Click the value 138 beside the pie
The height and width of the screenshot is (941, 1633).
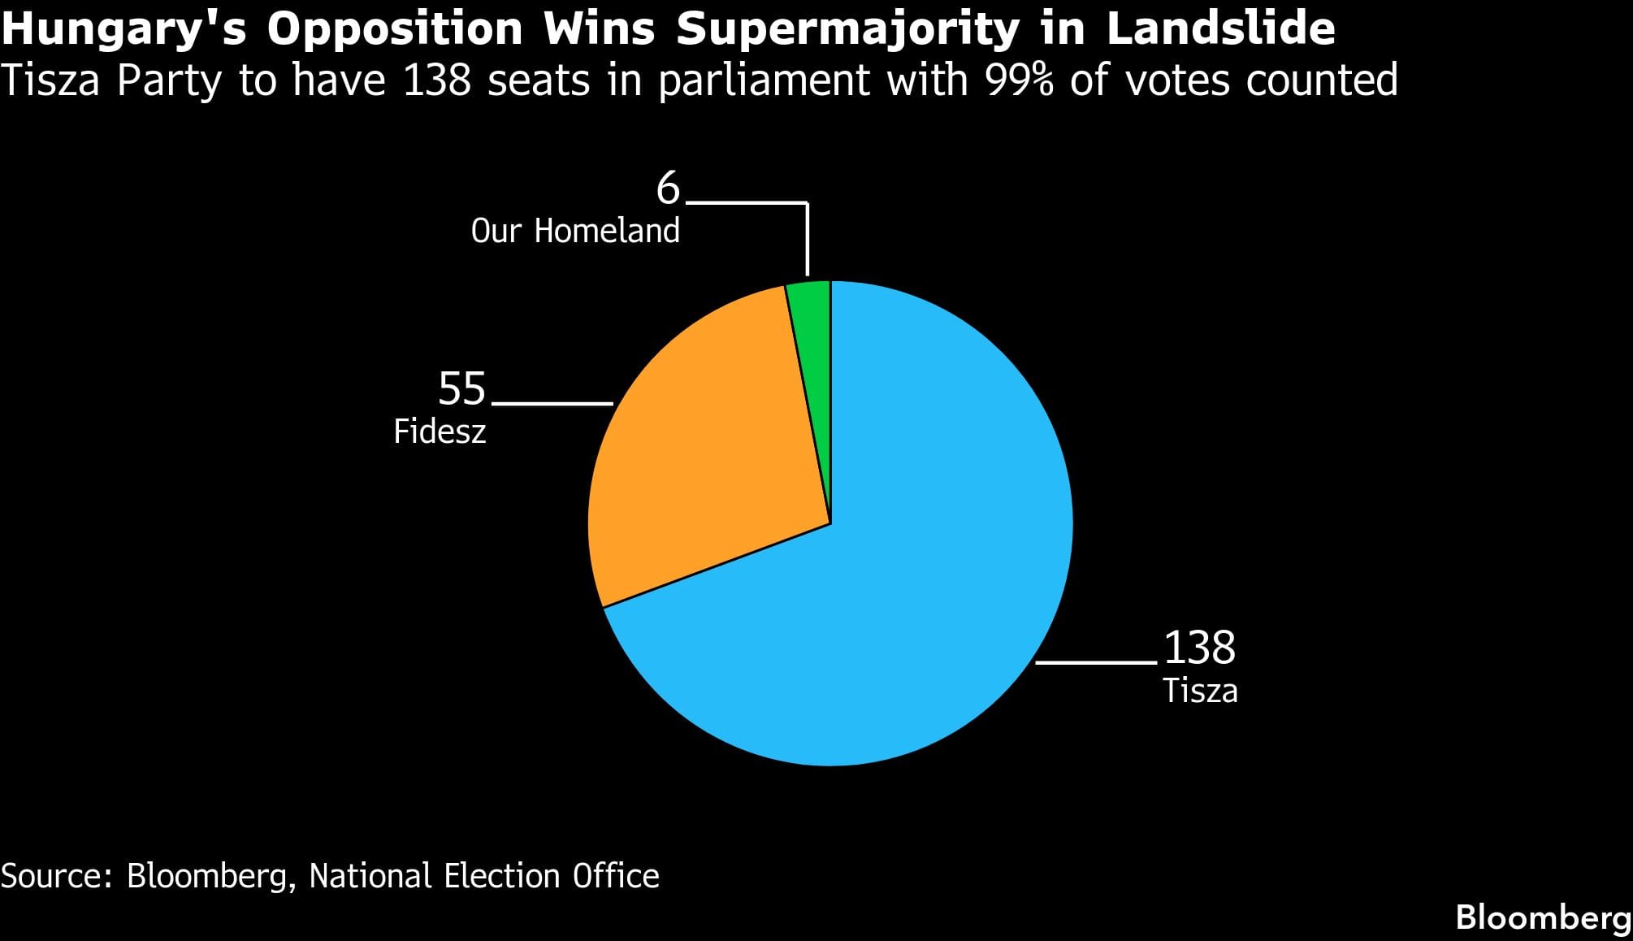(x=1199, y=648)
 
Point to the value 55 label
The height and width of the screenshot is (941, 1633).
(x=461, y=388)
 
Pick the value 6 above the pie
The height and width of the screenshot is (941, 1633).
(x=668, y=189)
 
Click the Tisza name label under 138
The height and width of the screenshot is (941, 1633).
(x=1199, y=691)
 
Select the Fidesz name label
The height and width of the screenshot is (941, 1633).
(x=440, y=431)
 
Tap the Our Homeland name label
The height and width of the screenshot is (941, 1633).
(x=575, y=232)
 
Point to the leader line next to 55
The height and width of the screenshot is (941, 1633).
(x=552, y=403)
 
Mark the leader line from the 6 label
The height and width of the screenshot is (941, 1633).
(x=807, y=236)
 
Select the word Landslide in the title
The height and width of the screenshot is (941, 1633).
(x=1220, y=29)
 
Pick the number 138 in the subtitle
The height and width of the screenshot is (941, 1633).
(x=437, y=80)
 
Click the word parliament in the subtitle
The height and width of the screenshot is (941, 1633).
(x=764, y=80)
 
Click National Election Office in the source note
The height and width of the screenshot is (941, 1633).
(x=484, y=876)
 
